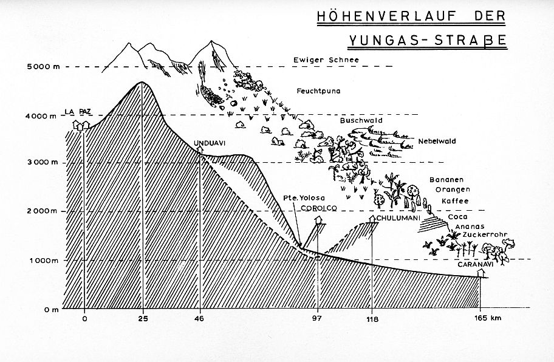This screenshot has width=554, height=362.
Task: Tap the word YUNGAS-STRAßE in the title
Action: pos(428,40)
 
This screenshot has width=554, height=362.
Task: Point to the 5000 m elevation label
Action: pos(44,66)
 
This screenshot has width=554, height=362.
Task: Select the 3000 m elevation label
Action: pos(42,162)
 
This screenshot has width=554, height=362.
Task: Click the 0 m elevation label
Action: pos(52,310)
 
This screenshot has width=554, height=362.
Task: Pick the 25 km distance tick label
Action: pos(143,319)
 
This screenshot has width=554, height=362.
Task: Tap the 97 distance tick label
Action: pos(317,318)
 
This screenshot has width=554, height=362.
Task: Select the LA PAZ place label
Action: pos(78,112)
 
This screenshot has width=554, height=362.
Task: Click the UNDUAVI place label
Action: pos(210,143)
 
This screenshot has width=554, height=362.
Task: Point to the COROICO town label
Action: pos(319,208)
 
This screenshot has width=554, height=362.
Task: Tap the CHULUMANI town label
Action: pos(397,218)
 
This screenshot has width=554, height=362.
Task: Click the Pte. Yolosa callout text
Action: pos(304,198)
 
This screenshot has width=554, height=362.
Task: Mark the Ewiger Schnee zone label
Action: pos(326,60)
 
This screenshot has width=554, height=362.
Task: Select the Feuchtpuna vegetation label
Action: pos(318,91)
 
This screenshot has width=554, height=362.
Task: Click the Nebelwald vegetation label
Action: pos(437,142)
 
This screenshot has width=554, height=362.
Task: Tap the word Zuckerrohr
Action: pos(485,234)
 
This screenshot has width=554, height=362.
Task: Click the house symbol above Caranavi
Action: pos(480,273)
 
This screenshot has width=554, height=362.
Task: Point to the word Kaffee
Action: pos(455,201)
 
